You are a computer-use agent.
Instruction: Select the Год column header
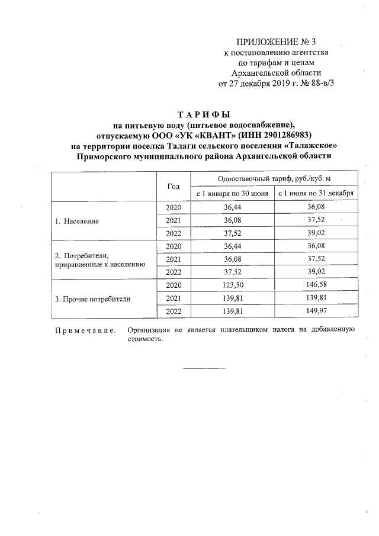pos(174,185)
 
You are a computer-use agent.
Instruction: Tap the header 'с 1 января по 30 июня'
pos(232,193)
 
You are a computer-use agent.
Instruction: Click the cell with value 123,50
pos(232,285)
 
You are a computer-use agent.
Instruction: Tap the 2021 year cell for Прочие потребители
pos(174,299)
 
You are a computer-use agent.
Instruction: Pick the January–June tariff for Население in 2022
pos(232,233)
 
